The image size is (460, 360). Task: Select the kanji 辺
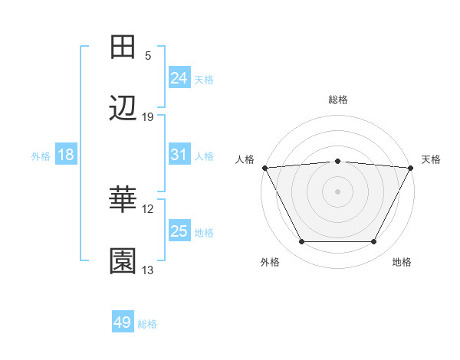(123, 108)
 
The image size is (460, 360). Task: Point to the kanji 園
(123, 261)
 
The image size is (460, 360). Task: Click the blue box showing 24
(179, 78)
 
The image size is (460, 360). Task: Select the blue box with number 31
(179, 155)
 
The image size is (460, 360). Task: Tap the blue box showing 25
(179, 231)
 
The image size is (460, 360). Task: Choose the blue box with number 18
(65, 155)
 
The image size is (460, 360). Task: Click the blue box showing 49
(123, 322)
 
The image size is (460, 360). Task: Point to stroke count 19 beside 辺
(148, 117)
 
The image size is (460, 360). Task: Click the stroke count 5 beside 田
(148, 56)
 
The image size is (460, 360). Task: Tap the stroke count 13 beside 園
(148, 270)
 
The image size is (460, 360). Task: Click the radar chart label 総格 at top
(337, 100)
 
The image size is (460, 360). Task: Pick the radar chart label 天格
(431, 159)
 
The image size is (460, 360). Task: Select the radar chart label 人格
(245, 159)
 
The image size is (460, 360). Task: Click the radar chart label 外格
(270, 262)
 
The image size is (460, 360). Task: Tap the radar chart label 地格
(402, 262)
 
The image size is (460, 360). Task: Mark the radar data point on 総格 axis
(337, 161)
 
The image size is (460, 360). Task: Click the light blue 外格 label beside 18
(41, 155)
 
